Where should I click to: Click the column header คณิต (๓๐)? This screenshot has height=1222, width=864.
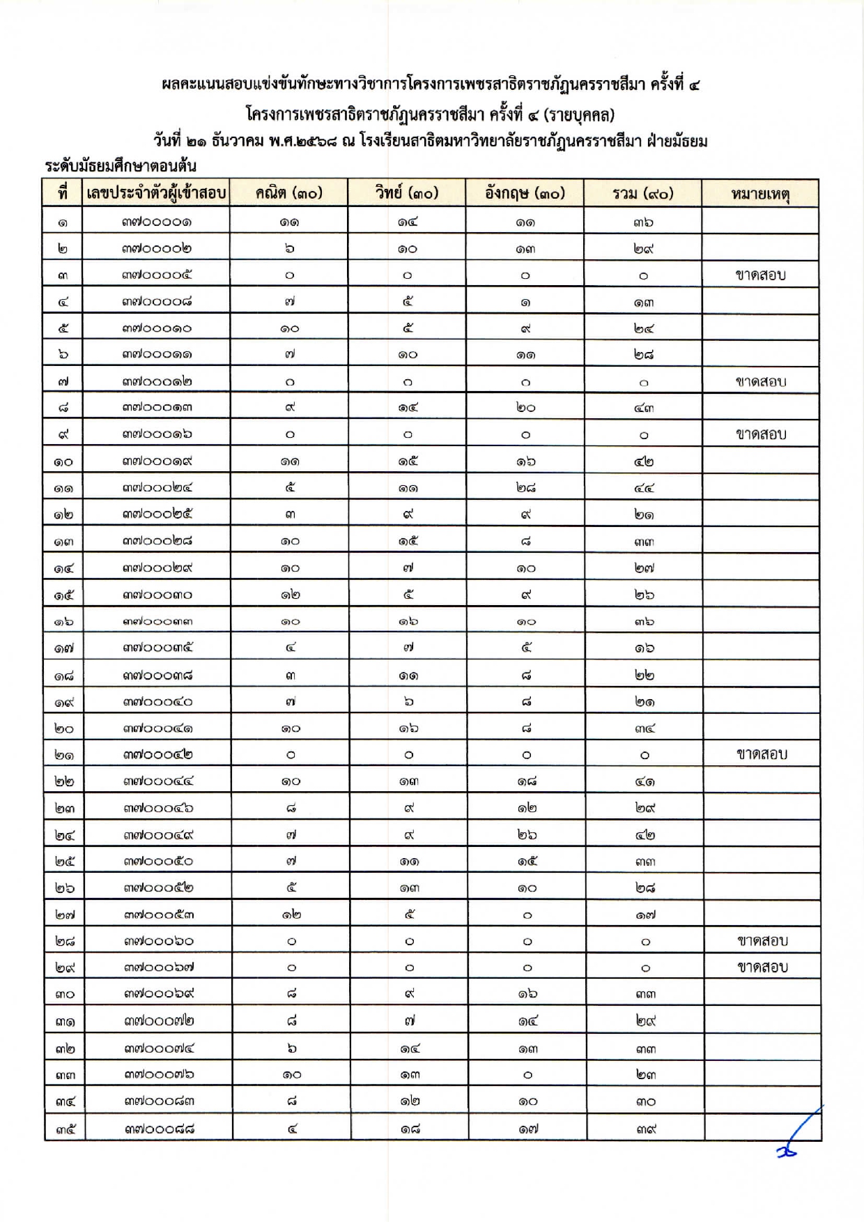288,193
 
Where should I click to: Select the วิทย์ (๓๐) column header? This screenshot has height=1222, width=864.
407,193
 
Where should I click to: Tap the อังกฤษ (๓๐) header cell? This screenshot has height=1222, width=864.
525,193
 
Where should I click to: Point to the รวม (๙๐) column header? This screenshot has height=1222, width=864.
643,193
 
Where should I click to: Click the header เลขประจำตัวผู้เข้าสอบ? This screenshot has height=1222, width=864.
157,193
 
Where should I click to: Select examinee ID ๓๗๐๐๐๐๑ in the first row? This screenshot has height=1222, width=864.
157,222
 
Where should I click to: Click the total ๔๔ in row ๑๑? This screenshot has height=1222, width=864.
644,488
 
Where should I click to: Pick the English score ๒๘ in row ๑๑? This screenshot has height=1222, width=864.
526,488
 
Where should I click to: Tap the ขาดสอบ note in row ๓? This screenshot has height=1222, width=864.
761,275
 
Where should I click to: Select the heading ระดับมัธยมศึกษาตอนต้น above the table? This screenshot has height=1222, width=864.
121,167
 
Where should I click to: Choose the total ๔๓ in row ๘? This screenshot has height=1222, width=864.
644,408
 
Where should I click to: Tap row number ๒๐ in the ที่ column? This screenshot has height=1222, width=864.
64,728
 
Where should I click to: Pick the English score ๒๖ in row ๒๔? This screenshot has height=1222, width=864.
527,834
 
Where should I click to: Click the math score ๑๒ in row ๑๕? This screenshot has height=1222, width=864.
290,595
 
